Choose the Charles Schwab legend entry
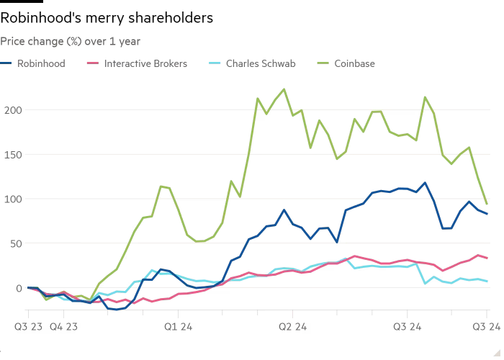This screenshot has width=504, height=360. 256,63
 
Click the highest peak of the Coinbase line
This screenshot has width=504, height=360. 284,89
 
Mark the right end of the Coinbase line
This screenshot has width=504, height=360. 487,204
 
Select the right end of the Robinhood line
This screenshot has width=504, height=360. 487,214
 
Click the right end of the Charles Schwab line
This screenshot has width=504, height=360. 487,281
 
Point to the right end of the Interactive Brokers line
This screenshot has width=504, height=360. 487,258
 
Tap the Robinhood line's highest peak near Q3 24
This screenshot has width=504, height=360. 426,183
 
